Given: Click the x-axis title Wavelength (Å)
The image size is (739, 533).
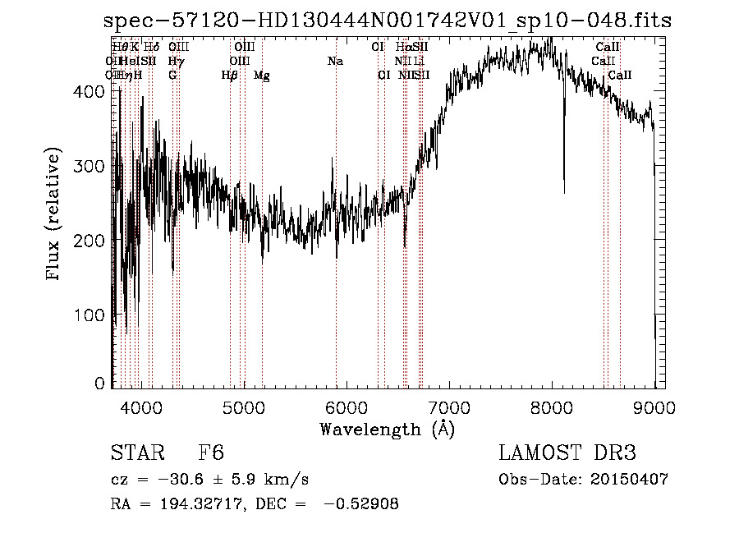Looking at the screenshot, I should click(x=387, y=429).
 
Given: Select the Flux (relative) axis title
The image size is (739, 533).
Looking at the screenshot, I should click(x=55, y=215).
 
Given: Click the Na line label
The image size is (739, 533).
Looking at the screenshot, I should click(x=335, y=62).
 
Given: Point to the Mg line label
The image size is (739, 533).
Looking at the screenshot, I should click(x=262, y=76).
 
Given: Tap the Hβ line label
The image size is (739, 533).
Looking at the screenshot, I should click(x=230, y=76).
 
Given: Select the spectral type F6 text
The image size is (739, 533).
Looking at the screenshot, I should click(x=211, y=454).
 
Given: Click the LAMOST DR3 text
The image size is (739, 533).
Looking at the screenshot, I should click(x=567, y=454).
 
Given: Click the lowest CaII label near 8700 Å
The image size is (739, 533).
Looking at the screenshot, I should click(x=620, y=76).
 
